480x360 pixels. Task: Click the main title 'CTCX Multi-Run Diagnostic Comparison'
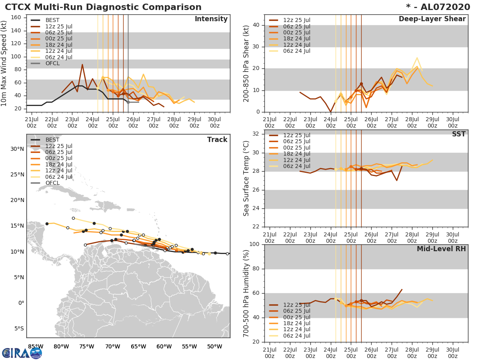(103, 7)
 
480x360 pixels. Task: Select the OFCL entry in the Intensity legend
(52, 64)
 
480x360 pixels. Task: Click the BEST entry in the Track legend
(52, 140)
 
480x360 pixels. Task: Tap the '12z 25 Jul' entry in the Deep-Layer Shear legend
(296, 20)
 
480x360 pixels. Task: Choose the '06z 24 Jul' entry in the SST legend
(296, 166)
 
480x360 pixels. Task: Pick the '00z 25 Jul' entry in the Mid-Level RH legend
(296, 317)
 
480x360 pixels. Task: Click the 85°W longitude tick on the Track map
(36, 346)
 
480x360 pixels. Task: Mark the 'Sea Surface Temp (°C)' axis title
(246, 179)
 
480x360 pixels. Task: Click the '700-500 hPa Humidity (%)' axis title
(246, 293)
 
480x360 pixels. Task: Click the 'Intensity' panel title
(211, 19)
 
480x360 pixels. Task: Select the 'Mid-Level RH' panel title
(441, 249)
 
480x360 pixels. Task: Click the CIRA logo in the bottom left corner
(22, 353)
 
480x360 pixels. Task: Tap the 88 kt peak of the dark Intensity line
(82, 64)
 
